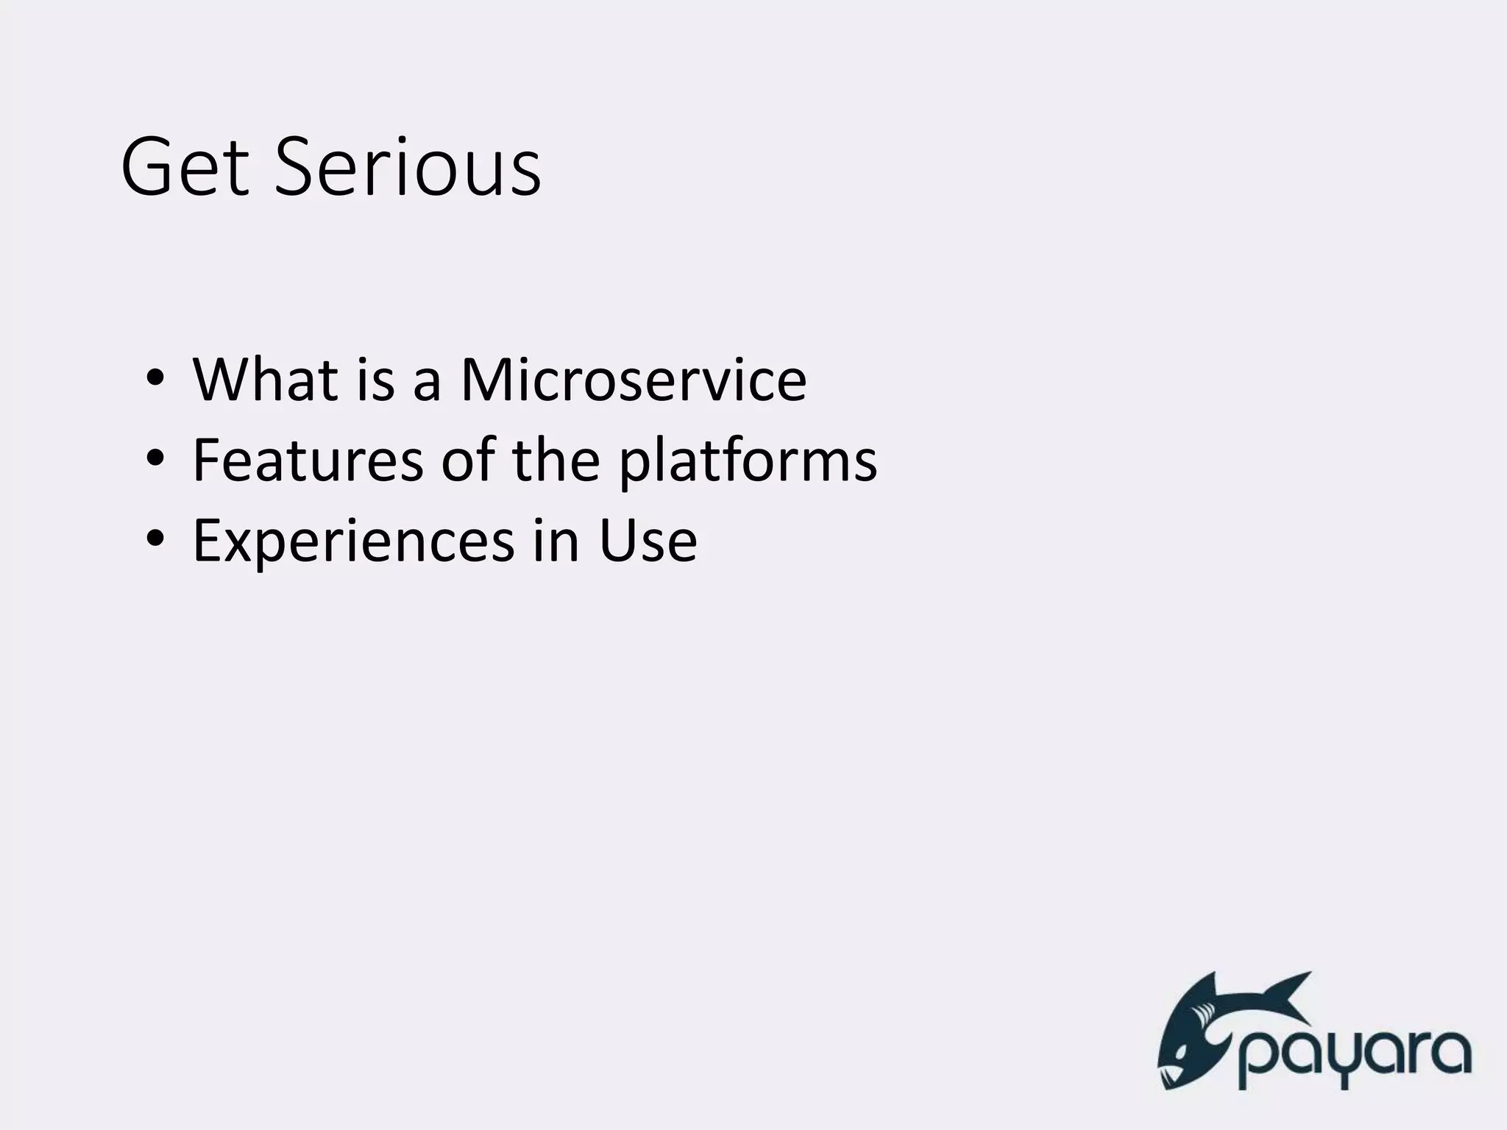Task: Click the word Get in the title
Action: pyautogui.click(x=184, y=168)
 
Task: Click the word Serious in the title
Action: pyautogui.click(x=407, y=168)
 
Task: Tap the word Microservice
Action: pyautogui.click(x=633, y=380)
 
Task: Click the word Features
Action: pyautogui.click(x=308, y=461)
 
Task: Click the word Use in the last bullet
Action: pyautogui.click(x=648, y=541)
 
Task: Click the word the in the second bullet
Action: pyautogui.click(x=556, y=461)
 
